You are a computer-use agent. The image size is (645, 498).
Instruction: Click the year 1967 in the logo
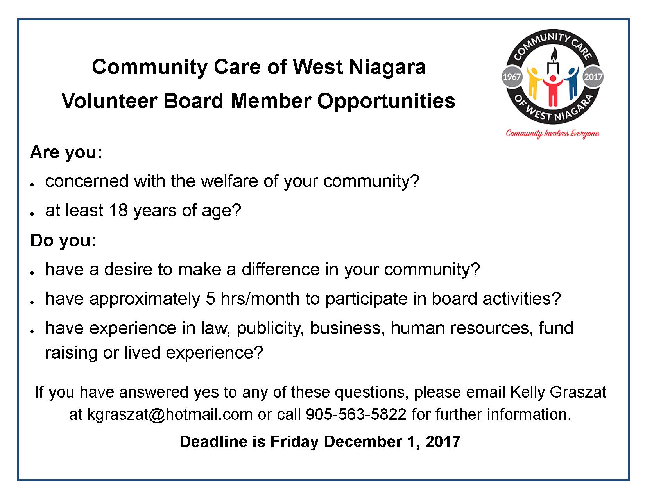[x=511, y=77]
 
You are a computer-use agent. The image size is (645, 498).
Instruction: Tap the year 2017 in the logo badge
[x=593, y=77]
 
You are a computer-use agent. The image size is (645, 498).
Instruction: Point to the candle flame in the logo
[x=554, y=54]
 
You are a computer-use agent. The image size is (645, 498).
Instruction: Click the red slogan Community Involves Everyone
[x=552, y=134]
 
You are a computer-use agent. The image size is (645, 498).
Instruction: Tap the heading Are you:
[x=66, y=153]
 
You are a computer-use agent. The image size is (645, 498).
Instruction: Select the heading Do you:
[x=63, y=240]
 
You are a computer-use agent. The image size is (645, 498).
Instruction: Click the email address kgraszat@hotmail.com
[x=170, y=414]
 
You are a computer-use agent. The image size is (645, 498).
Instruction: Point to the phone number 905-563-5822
[x=356, y=414]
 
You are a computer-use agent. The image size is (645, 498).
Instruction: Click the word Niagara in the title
[x=387, y=67]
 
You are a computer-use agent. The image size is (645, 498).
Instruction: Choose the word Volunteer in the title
[x=109, y=101]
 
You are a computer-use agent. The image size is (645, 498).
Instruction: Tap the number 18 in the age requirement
[x=118, y=210]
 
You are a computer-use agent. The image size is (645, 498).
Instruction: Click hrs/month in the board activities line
[x=260, y=298]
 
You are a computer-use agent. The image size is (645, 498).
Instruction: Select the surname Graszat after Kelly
[x=578, y=392]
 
